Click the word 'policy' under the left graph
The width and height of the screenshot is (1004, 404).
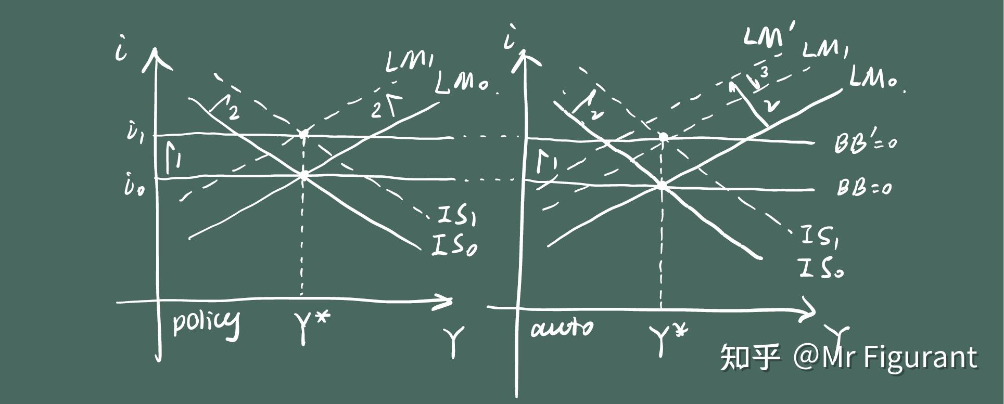[206, 323]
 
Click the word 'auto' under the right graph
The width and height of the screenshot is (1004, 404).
[561, 328]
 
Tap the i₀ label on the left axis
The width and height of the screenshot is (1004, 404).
[135, 186]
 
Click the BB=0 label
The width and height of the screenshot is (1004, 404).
[863, 187]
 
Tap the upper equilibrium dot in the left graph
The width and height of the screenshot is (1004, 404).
[303, 135]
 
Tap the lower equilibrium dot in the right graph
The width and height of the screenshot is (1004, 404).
[662, 185]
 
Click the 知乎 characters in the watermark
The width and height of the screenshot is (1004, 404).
[750, 358]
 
